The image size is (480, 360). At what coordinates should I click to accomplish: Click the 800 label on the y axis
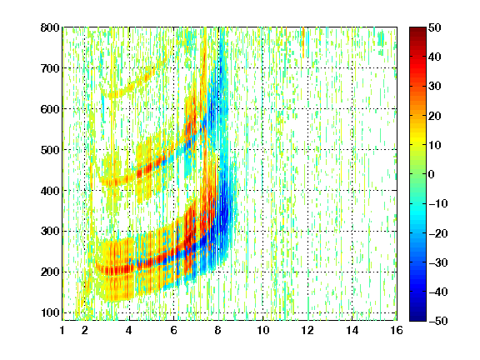[x=50, y=27]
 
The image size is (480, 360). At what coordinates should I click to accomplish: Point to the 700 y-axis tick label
[x=50, y=68]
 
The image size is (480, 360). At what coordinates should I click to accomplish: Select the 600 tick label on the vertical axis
[x=50, y=109]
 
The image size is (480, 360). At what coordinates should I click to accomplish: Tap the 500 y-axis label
[x=50, y=150]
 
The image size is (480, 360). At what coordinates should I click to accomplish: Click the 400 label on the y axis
[x=50, y=191]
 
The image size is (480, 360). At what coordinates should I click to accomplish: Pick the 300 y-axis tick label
[x=50, y=231]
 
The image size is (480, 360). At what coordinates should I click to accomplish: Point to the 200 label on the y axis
[x=50, y=272]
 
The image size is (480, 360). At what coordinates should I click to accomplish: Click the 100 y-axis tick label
[x=50, y=312]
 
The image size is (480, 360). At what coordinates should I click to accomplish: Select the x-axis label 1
[x=62, y=330]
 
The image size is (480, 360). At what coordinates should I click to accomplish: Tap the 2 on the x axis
[x=85, y=330]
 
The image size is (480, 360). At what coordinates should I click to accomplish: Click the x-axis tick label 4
[x=129, y=330]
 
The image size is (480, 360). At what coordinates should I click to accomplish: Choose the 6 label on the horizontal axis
[x=173, y=330]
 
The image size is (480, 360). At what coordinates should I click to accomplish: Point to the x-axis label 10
[x=263, y=330]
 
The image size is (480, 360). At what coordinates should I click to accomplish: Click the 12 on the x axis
[x=307, y=330]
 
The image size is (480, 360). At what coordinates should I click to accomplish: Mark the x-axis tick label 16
[x=397, y=330]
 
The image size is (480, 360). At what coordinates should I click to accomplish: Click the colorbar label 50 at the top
[x=435, y=27]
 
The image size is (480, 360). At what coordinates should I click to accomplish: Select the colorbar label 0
[x=432, y=174]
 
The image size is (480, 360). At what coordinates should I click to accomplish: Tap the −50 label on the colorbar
[x=438, y=321]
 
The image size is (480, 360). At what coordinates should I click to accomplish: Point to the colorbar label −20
[x=438, y=233]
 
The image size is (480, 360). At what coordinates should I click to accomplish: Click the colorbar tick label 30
[x=435, y=86]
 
